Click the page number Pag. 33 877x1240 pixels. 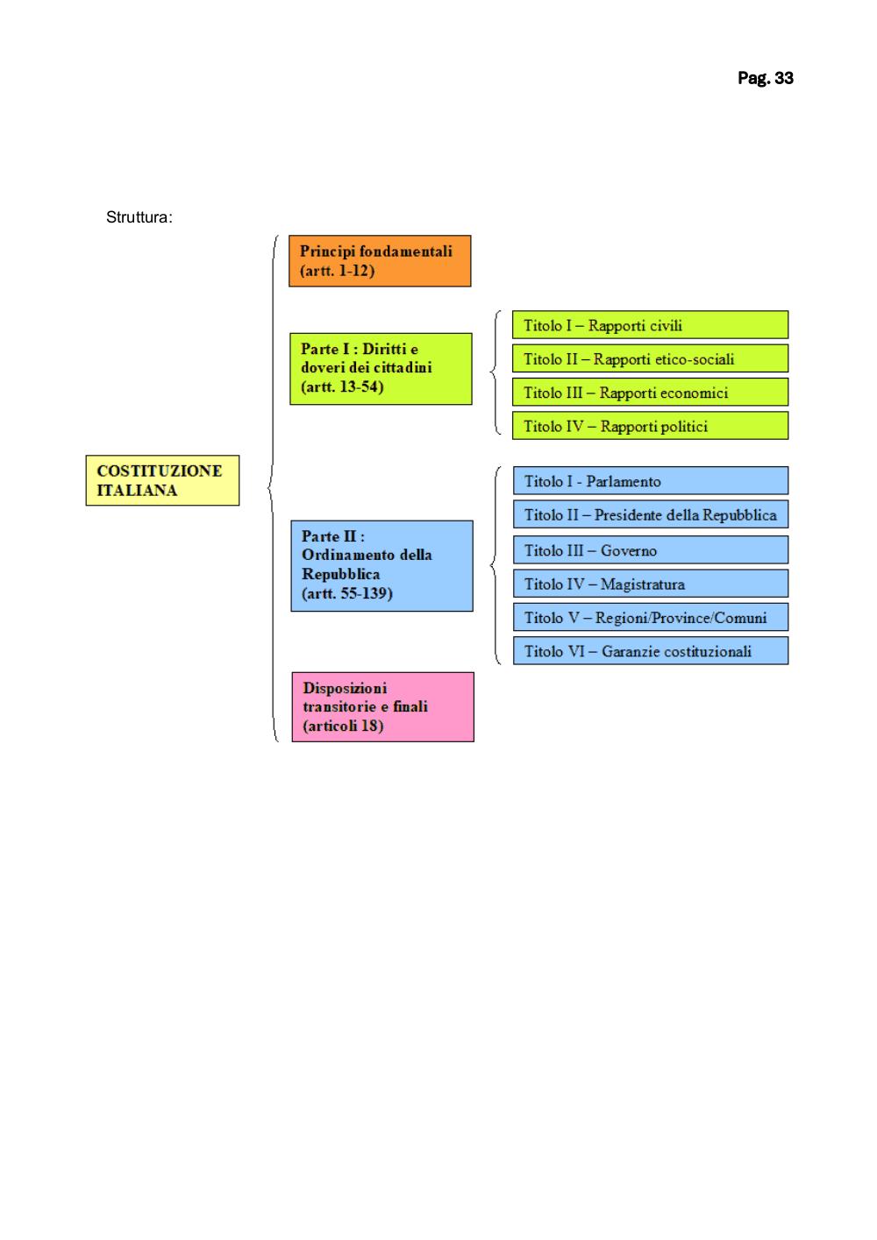pos(765,78)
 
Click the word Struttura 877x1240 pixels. pos(138,217)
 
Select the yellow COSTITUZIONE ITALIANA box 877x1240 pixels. pos(162,480)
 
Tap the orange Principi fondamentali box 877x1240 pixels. pos(380,261)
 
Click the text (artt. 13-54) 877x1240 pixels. pos(342,386)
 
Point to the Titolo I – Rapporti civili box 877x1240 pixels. pos(650,324)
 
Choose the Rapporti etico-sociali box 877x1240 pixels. pos(650,358)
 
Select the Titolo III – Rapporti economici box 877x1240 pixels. pos(650,392)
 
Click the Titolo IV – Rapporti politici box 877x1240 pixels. pos(650,425)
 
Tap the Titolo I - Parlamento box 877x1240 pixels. pos(651,480)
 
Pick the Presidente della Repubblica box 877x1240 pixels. pos(651,514)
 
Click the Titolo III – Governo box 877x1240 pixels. pos(651,549)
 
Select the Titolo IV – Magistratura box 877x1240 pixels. pos(651,584)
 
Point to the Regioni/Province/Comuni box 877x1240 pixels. pos(651,617)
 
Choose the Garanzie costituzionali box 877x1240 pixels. pos(651,650)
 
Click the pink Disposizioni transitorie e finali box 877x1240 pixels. pos(383,707)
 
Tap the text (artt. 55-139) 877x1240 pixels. pos(346,593)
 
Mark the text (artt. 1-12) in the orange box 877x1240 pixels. pos(337,271)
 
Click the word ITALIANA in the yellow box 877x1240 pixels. pos(137,491)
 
